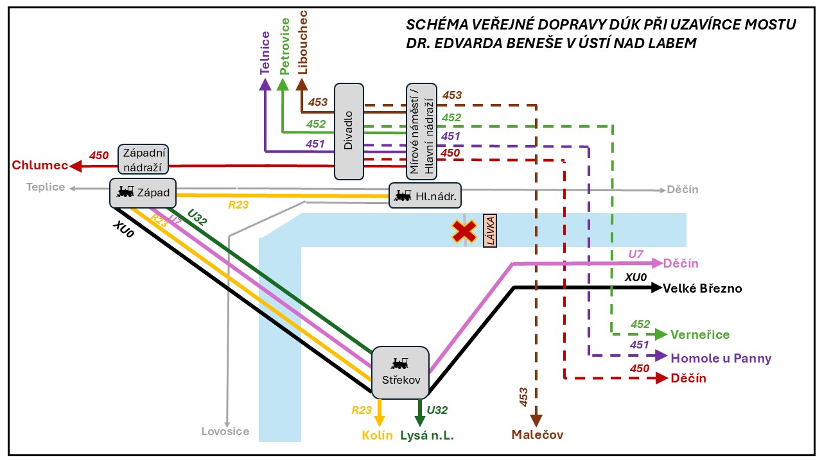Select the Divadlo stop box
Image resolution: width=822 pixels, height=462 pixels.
tap(349, 131)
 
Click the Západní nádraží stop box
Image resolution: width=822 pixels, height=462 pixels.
tap(143, 160)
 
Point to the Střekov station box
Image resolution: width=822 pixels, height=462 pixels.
tap(399, 371)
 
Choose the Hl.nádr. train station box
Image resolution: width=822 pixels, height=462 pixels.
tap(426, 196)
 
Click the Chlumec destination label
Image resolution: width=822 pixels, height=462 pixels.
tap(40, 166)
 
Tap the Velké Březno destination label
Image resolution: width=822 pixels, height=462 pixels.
tap(702, 289)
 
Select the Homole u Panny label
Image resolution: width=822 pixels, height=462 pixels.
tap(721, 358)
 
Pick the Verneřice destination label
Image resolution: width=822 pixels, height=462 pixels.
tap(700, 334)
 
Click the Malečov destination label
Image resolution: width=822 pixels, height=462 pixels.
tap(537, 435)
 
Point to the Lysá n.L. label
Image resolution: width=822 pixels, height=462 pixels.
tap(426, 435)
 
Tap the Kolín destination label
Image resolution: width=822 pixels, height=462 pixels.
tap(378, 435)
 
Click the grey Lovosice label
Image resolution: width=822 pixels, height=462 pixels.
tap(225, 431)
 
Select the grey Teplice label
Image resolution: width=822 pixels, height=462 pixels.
tap(46, 187)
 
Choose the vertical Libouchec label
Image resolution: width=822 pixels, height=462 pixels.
tap(303, 42)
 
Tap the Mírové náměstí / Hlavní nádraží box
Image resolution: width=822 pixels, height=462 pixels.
tap(421, 131)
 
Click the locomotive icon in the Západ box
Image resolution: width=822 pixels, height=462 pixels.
tap(125, 191)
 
